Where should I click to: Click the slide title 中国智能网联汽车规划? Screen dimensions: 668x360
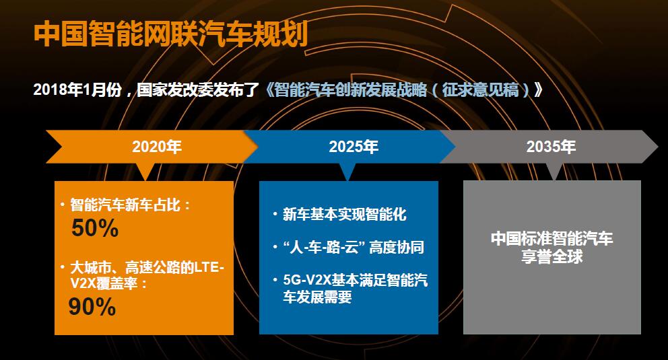click(170, 34)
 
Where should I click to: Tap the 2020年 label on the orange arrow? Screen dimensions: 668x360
click(157, 147)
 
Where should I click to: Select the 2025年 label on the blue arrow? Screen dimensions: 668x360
click(354, 147)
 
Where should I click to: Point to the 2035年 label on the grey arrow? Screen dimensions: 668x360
click(551, 147)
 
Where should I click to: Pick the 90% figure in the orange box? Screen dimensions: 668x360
click(92, 306)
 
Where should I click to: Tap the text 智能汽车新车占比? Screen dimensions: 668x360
click(125, 205)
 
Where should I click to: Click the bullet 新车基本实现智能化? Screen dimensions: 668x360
click(345, 215)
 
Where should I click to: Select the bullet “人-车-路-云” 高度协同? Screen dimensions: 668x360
click(354, 247)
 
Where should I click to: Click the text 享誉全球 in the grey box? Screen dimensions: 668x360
click(552, 256)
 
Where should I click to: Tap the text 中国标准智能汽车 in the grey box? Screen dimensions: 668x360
click(552, 238)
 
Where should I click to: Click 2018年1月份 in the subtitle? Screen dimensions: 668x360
click(77, 89)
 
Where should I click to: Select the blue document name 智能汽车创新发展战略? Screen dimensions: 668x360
click(351, 89)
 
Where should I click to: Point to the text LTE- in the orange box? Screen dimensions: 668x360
click(209, 267)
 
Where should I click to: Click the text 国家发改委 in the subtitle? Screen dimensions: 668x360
click(167, 89)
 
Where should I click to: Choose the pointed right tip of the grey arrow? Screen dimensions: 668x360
click(658, 147)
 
